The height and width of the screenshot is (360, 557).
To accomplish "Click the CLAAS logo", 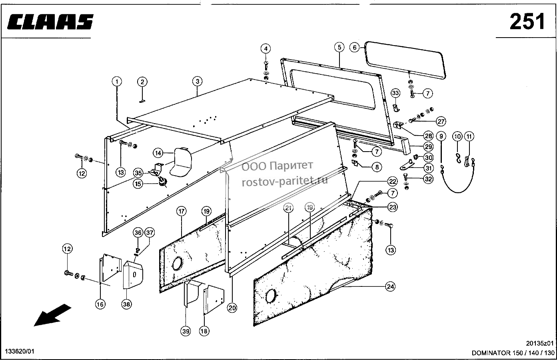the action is tap(50, 22).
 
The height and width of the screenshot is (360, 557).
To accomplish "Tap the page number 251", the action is tap(527, 22).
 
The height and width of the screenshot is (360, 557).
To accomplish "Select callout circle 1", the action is tap(117, 82).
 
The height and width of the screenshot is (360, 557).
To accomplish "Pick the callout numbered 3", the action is tap(197, 81).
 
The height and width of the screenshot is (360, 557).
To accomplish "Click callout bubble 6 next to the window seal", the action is tap(355, 47).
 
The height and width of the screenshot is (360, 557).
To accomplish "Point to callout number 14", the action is tap(158, 153).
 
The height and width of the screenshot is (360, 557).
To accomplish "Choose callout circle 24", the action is tap(390, 287).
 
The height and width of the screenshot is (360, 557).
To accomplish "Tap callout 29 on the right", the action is tap(428, 146).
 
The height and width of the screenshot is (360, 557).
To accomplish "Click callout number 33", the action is tap(395, 93).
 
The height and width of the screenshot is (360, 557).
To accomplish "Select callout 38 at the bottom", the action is tap(126, 304).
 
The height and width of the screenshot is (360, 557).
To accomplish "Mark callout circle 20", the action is tap(232, 308).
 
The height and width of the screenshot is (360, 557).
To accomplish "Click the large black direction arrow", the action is tap(52, 315).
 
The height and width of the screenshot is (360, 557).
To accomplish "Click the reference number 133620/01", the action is tap(20, 352).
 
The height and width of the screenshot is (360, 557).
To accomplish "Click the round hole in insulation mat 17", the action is tap(177, 264).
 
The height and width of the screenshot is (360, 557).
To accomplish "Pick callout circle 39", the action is tap(186, 331).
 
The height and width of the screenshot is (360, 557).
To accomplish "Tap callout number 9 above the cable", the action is tap(441, 136).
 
